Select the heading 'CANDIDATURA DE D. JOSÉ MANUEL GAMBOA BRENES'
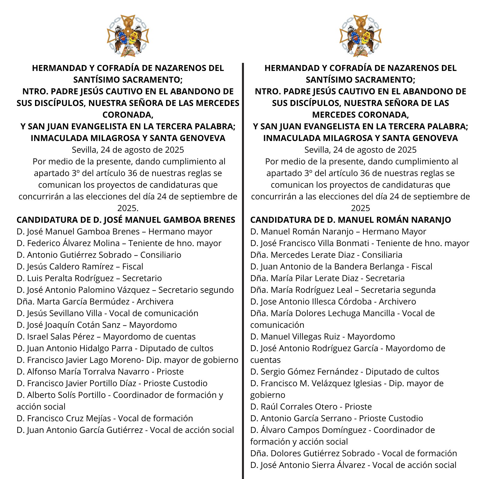[x=126, y=220]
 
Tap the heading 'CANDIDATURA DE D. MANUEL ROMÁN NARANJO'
[x=351, y=220]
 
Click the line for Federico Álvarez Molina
[x=119, y=243]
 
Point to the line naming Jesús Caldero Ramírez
[x=80, y=266]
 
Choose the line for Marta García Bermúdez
[x=95, y=301]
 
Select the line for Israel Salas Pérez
[x=106, y=336]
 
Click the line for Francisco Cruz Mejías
[x=105, y=418]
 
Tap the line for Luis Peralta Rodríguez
[x=89, y=278]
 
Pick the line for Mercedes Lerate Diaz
[x=326, y=255]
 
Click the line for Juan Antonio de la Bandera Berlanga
[x=341, y=266]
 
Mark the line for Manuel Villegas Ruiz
[x=322, y=336]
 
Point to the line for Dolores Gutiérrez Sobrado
[x=354, y=453]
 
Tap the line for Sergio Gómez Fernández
[x=345, y=372]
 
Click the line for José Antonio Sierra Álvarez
[x=353, y=465]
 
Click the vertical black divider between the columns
[x=243, y=269]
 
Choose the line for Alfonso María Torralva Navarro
[x=100, y=372]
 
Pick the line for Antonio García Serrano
[x=336, y=418]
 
